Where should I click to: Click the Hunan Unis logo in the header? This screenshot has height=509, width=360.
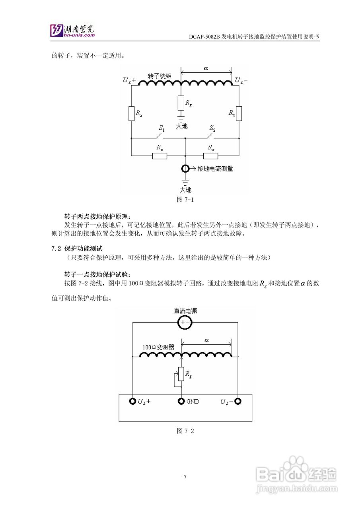tap(72, 30)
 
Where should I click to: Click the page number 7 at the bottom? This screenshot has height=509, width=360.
tap(185, 477)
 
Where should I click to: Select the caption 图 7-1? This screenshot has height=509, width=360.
tap(185, 200)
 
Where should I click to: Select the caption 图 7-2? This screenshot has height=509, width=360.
tap(185, 431)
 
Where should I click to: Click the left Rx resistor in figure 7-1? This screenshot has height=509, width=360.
tap(132, 113)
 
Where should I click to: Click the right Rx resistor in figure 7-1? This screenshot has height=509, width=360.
tap(239, 113)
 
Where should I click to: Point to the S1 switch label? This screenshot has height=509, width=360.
tap(162, 128)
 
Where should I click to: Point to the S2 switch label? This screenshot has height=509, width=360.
tap(212, 128)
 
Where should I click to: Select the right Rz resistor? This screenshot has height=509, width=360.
tap(210, 155)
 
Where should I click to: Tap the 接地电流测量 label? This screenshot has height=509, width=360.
tap(215, 169)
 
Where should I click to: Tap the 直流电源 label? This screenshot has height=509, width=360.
tap(185, 311)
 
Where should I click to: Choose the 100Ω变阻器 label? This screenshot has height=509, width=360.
tap(158, 347)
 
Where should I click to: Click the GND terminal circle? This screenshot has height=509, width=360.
tap(181, 401)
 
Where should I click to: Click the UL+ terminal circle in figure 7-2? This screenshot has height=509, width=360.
tap(132, 401)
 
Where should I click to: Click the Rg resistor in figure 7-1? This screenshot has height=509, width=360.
tap(181, 103)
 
